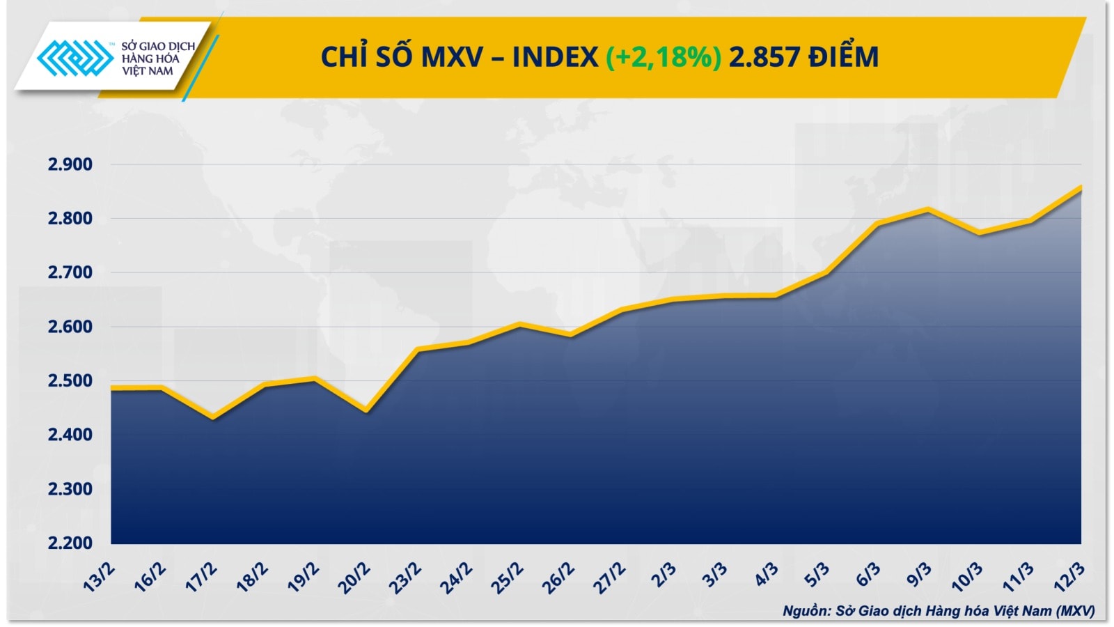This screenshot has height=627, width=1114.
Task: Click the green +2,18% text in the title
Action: [663, 57]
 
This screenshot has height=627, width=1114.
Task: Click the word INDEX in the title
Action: [555, 57]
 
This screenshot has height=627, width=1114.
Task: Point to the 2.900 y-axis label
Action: [70, 165]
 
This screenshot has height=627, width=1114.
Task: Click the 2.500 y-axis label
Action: [70, 381]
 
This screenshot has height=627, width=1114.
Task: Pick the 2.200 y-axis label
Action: [70, 543]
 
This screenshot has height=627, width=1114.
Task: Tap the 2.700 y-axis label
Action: [70, 273]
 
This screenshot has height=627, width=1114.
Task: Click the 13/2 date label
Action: [100, 577]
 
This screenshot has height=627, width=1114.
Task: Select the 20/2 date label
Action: [354, 578]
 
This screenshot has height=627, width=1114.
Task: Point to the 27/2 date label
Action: [609, 578]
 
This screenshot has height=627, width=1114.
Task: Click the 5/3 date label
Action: [817, 575]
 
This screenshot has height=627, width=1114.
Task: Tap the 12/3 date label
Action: [1070, 577]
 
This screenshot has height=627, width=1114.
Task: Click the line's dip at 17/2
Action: [213, 418]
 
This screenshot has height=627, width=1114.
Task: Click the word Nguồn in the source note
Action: [806, 611]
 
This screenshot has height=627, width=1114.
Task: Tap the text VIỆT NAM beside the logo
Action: [148, 71]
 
